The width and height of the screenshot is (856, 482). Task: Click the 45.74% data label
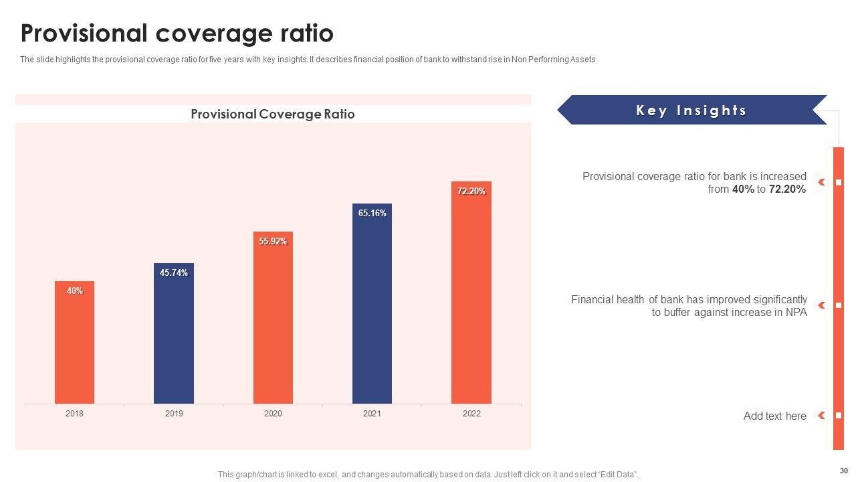(x=174, y=273)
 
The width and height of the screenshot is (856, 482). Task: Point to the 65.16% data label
(x=372, y=214)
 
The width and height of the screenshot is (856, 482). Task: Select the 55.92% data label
(x=273, y=242)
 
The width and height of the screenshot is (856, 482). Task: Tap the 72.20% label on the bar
(x=471, y=191)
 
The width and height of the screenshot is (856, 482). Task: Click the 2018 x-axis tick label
(x=74, y=414)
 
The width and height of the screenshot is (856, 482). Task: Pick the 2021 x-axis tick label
(x=372, y=414)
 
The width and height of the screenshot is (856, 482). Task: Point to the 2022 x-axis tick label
(x=471, y=414)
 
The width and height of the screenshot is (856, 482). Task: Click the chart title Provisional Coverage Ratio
(x=273, y=114)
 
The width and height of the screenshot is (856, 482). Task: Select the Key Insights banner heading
(x=691, y=110)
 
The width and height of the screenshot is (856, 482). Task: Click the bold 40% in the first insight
(x=743, y=189)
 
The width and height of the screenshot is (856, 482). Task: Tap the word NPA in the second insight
(x=796, y=313)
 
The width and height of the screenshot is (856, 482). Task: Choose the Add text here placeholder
(x=774, y=416)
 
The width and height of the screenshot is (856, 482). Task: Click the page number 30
(x=843, y=471)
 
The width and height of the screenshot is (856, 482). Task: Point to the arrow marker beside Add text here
(x=821, y=416)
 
